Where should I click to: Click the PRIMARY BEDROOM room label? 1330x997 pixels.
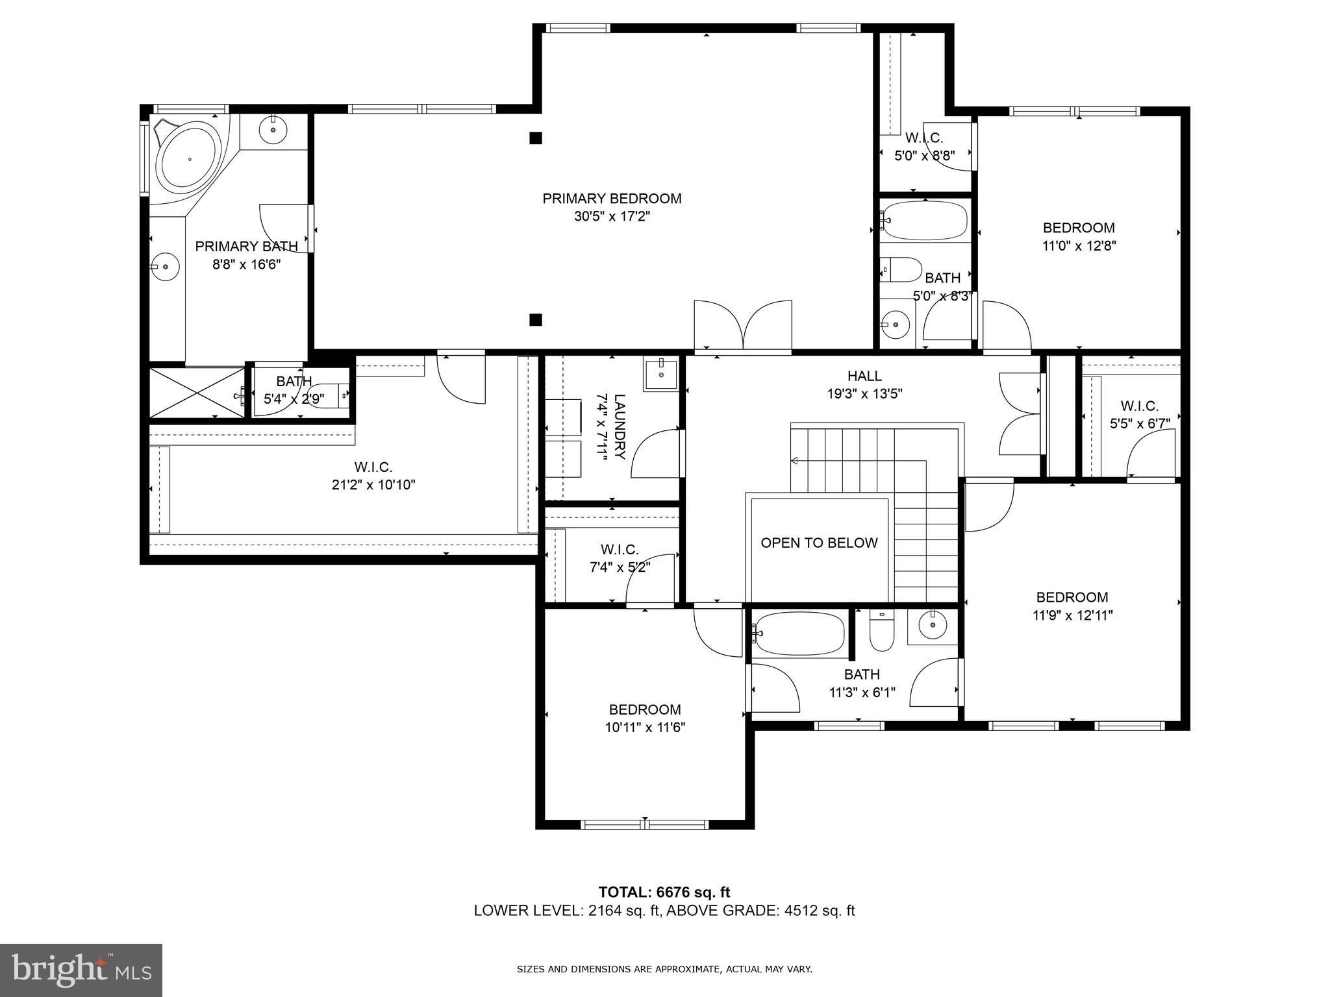pos(612,199)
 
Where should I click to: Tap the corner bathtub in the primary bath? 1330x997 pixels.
pos(190,158)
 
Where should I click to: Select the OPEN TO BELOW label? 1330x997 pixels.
pos(819,543)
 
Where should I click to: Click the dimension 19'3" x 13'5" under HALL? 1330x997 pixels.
pos(864,393)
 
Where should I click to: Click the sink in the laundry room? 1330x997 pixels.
pos(661,374)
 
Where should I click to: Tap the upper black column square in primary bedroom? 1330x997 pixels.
pos(536,138)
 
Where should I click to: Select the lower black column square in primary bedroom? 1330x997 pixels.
pos(536,319)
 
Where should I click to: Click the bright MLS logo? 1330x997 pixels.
pos(81,969)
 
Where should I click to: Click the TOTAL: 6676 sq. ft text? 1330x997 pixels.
pos(664,892)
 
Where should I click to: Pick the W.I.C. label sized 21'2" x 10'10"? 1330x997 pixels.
pos(373,467)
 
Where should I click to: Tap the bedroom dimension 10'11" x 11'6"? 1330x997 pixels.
pos(645,728)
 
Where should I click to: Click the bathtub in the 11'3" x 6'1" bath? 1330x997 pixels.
pos(799,632)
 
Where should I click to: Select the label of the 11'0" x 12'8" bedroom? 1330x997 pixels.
pos(1078,228)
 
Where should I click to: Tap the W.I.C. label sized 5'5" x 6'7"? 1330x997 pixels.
pos(1139,406)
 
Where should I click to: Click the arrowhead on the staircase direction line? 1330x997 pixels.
pos(794,461)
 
